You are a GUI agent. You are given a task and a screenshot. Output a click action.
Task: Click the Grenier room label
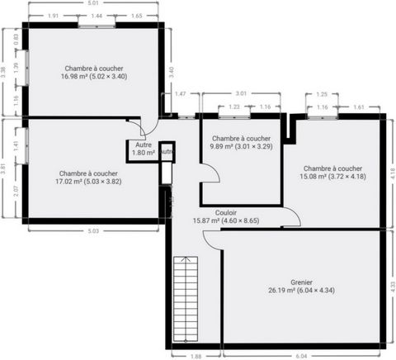301,282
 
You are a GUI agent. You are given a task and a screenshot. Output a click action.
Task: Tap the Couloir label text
226,213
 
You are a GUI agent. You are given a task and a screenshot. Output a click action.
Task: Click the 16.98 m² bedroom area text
94,76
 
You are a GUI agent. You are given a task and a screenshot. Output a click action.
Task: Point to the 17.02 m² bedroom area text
88,182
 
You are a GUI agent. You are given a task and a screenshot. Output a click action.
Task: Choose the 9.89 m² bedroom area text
241,146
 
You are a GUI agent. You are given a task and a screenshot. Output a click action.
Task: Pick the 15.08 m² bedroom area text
332,176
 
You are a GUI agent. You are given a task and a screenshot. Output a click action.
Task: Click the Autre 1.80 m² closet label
144,149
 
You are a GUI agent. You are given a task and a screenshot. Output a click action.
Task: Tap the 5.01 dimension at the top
93,3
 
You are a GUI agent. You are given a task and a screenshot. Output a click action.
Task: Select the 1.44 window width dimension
97,16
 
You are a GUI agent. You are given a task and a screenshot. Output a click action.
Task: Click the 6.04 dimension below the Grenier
301,356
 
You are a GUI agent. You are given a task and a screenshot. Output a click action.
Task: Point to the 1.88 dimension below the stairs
196,356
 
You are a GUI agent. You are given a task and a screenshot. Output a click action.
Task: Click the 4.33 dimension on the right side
394,287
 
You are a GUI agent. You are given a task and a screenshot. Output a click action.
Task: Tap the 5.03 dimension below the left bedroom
93,231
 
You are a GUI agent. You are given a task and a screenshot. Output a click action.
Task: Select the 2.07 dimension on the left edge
16,191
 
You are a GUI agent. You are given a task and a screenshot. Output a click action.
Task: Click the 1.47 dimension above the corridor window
181,94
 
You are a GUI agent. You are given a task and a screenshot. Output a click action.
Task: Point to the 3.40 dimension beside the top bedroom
172,72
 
